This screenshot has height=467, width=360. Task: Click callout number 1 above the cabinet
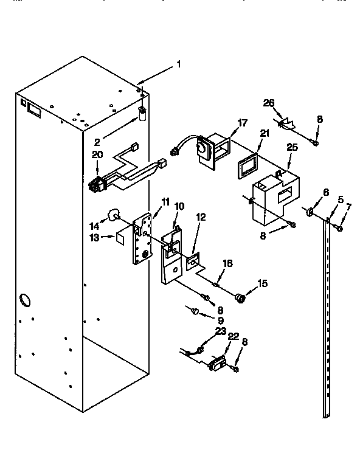coord(178,64)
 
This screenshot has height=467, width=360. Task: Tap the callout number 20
coord(97,154)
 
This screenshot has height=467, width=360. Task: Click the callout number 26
coord(269,103)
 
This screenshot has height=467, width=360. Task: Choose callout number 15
coord(263,282)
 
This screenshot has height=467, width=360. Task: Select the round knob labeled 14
coord(113,214)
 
